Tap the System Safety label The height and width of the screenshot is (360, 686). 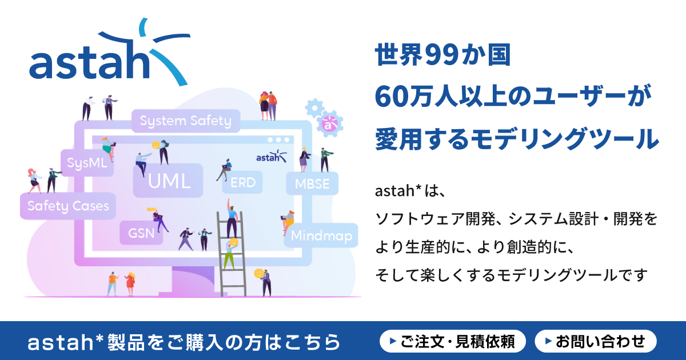pyautogui.click(x=185, y=121)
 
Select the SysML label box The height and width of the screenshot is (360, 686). pyautogui.click(x=87, y=163)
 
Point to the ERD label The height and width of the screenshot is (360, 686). pyautogui.click(x=243, y=183)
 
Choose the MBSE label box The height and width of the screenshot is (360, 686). pyautogui.click(x=312, y=184)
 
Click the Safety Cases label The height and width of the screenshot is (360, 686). pyautogui.click(x=68, y=206)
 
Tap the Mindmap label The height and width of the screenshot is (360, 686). pyautogui.click(x=321, y=235)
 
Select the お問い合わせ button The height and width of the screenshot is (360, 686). pyautogui.click(x=595, y=342)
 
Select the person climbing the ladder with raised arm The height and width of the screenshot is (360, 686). pyautogui.click(x=231, y=217)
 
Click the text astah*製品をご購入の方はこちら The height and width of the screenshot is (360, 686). pyautogui.click(x=184, y=342)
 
